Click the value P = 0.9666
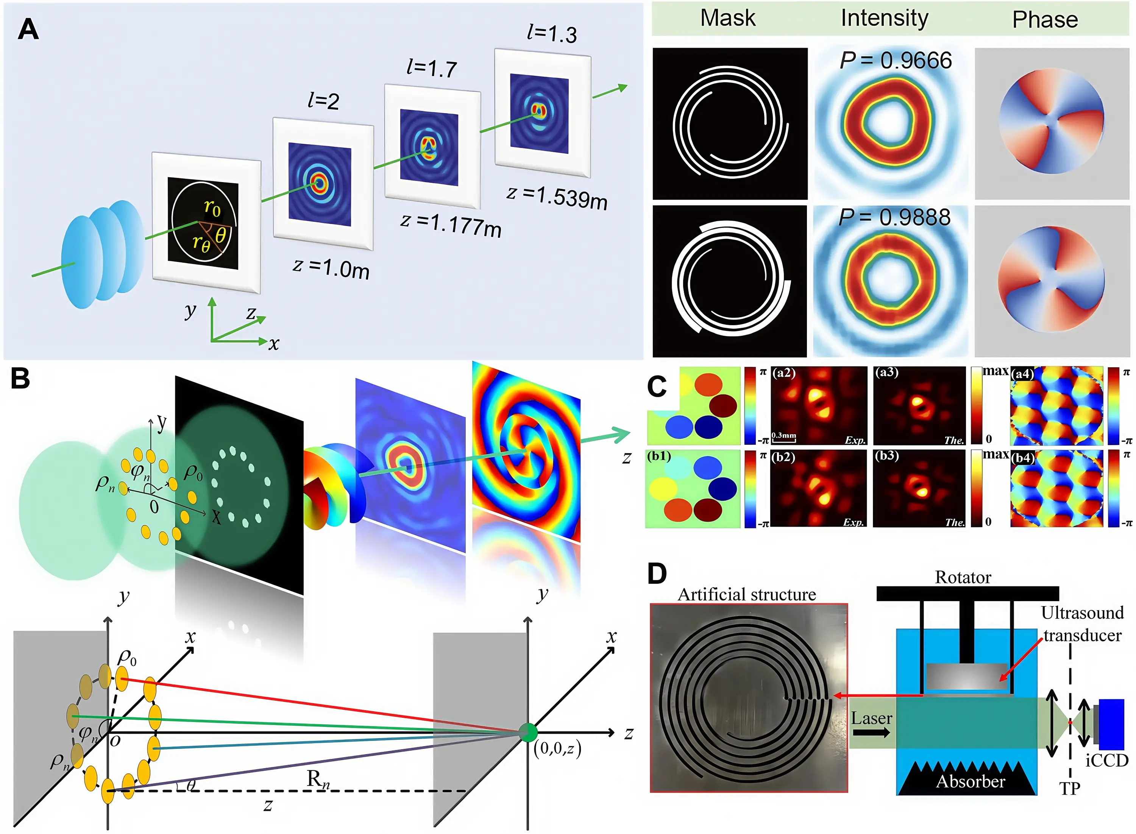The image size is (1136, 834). pyautogui.click(x=895, y=61)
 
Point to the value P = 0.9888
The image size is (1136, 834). pyautogui.click(x=894, y=218)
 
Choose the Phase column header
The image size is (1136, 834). pyautogui.click(x=1045, y=20)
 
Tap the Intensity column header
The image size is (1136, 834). pyautogui.click(x=884, y=18)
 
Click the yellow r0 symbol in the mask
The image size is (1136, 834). pyautogui.click(x=212, y=207)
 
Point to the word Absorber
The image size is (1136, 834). pyautogui.click(x=970, y=781)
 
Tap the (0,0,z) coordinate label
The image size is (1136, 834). pyautogui.click(x=557, y=748)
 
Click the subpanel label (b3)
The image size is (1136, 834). pyautogui.click(x=886, y=456)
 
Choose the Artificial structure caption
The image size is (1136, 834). pyautogui.click(x=746, y=594)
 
